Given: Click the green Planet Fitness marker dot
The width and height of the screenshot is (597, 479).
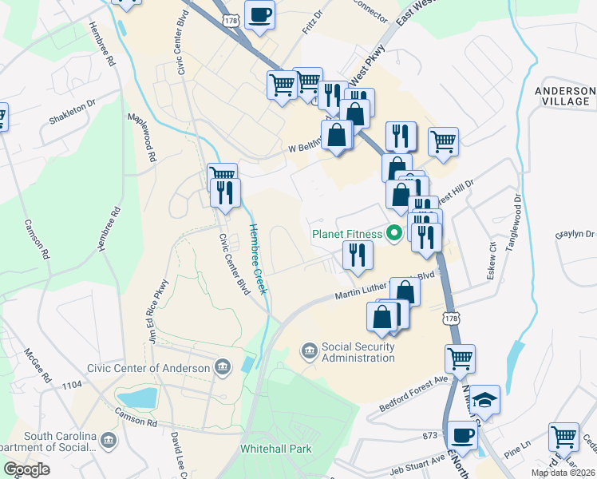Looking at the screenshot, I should [393, 234].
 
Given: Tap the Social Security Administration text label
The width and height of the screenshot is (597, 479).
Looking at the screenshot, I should [358, 352].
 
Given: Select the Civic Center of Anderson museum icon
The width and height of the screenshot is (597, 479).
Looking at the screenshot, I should [222, 367].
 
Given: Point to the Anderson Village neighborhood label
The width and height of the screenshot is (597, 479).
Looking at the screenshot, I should [565, 97].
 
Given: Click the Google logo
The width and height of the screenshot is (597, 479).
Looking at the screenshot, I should [26, 469].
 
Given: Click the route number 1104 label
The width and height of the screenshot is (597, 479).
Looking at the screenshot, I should [71, 385].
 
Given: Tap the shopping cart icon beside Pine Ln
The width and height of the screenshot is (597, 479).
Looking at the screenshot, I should [563, 437].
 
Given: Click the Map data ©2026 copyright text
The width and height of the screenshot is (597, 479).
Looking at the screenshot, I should [563, 473].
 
